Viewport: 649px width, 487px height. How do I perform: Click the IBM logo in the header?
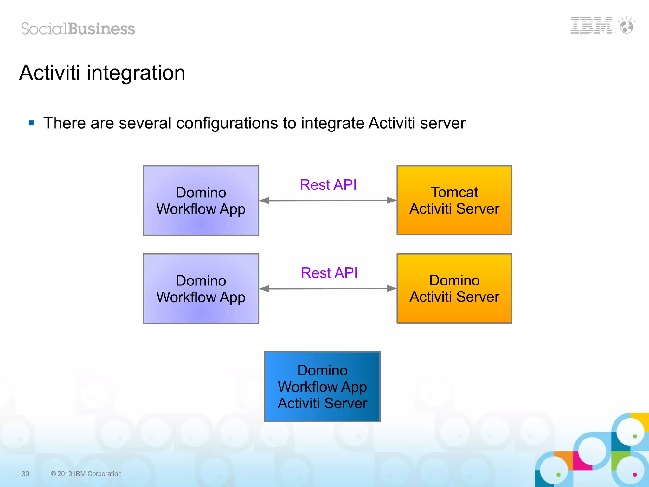(591, 25)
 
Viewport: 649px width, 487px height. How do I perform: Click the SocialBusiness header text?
(78, 29)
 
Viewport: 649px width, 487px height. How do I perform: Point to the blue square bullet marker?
(31, 123)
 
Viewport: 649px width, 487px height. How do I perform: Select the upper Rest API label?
(328, 185)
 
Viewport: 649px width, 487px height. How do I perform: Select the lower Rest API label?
(329, 273)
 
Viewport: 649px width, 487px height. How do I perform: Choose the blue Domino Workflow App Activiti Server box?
(322, 387)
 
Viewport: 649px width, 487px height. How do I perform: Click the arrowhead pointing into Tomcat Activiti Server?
(392, 200)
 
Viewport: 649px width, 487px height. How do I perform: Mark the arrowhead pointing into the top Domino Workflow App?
(264, 201)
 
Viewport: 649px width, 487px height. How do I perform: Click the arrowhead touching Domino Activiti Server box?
(392, 288)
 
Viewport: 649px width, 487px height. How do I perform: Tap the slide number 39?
(25, 474)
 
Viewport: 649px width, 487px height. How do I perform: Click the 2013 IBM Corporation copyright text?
(86, 474)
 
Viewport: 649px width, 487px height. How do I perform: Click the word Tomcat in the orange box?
(454, 192)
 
